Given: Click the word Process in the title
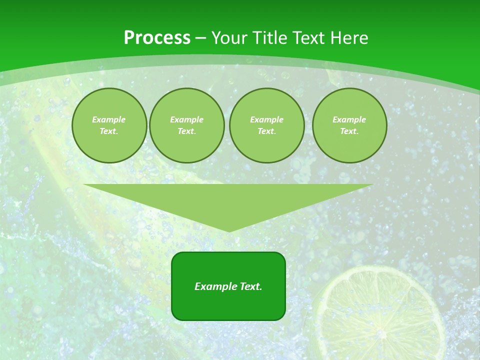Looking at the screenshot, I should [157, 38].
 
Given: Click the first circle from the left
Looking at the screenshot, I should [109, 125].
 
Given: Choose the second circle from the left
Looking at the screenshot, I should [187, 125].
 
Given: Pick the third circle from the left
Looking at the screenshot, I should [267, 125].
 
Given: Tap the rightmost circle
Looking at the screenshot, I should [349, 125].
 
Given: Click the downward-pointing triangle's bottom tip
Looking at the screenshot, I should [228, 230].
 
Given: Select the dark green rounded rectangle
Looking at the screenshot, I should [228, 305].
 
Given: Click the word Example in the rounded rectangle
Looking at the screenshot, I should [216, 286].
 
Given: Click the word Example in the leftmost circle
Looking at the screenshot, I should [109, 119].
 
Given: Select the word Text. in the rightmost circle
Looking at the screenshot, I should [349, 131].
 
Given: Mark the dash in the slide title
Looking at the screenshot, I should [200, 38].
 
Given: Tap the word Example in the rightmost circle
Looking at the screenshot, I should [349, 119].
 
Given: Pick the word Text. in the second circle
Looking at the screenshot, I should [187, 131].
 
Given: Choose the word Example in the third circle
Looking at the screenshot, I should [267, 119].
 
